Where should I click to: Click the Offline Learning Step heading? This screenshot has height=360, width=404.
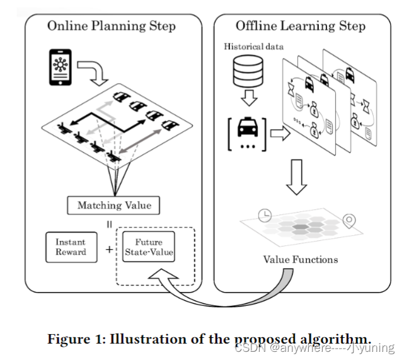point(301,26)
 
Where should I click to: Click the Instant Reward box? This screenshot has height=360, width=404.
point(71,247)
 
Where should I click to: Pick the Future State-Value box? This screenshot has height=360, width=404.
point(149,247)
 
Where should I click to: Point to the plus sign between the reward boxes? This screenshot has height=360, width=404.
point(109,249)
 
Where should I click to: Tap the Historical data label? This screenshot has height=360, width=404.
point(253,47)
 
